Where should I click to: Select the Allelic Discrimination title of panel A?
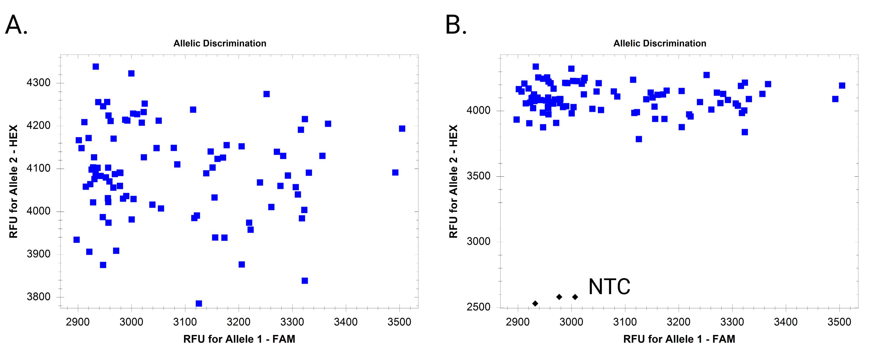tap(220, 43)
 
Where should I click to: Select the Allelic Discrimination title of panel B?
tap(660, 43)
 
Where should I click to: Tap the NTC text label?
tap(609, 287)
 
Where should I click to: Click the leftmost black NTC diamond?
tap(535, 303)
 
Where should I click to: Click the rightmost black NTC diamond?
tap(575, 297)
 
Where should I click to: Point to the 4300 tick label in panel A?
tap(39, 83)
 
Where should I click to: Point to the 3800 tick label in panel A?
tap(39, 297)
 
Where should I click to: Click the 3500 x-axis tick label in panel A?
tap(399, 322)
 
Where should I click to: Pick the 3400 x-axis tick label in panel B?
tap(786, 322)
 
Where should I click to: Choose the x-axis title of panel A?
tap(239, 339)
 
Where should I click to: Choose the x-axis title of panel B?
tap(679, 339)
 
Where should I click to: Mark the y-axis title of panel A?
tap(13, 181)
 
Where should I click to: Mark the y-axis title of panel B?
tap(453, 181)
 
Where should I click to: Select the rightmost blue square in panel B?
tap(842, 85)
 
